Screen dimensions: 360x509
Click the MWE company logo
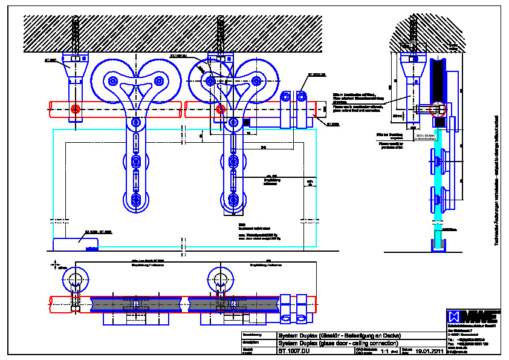[x=473, y=316]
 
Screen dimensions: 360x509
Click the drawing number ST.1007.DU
[x=294, y=350]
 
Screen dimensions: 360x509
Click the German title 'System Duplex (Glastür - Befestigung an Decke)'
[x=339, y=335]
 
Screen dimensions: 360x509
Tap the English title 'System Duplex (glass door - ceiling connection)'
[x=336, y=342]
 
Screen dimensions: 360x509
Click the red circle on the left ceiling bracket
[x=75, y=110]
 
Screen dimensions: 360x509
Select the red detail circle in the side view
[x=434, y=110]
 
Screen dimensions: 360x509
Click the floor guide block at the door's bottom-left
[x=77, y=243]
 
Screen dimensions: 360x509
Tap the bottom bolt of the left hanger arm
[x=136, y=201]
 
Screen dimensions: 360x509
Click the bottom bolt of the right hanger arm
[x=233, y=201]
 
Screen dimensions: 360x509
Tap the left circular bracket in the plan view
[x=75, y=279]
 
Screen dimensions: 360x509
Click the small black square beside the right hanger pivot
[x=247, y=123]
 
